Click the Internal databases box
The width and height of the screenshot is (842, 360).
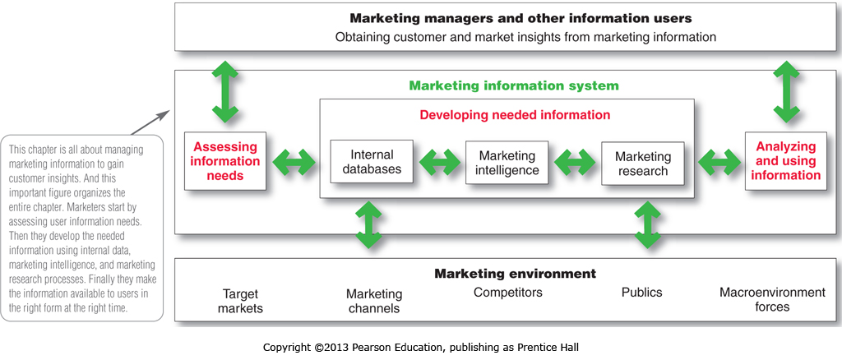click(372, 162)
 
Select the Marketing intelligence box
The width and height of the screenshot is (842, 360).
click(507, 163)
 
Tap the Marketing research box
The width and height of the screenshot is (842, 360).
click(642, 164)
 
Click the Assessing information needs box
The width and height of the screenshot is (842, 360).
click(225, 161)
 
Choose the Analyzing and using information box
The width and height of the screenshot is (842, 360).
click(785, 161)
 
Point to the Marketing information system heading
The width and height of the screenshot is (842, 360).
click(514, 85)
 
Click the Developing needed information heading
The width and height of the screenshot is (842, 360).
click(515, 115)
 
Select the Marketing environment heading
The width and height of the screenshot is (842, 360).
click(515, 273)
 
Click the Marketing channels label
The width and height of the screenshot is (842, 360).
click(374, 301)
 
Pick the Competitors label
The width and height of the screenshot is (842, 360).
click(507, 292)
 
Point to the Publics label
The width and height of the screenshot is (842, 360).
click(641, 292)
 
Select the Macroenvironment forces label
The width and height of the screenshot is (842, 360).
click(771, 299)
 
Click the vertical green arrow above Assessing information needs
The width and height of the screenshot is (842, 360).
click(224, 90)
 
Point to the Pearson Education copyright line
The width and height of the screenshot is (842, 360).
click(421, 348)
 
